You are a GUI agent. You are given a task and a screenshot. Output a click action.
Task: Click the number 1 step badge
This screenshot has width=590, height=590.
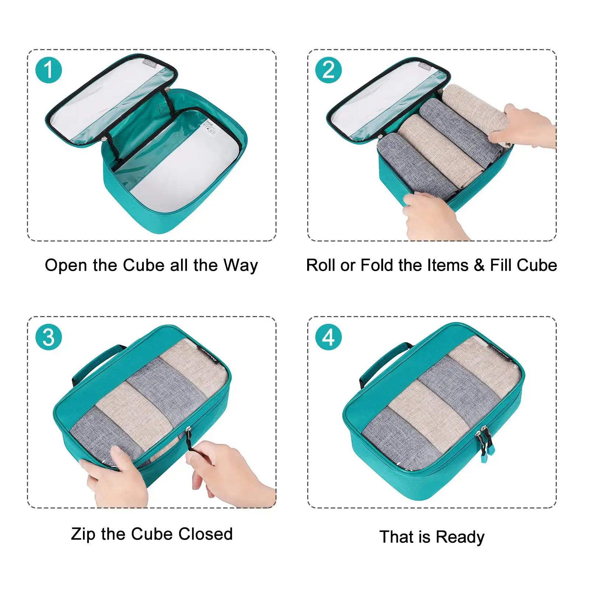pos(48,70)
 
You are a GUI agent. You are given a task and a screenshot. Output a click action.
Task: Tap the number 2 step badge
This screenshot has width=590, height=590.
pos(328,70)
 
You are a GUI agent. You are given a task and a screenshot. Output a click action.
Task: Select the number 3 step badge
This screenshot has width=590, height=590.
pos(48,337)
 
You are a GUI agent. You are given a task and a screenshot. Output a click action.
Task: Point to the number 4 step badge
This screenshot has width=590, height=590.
pos(328,337)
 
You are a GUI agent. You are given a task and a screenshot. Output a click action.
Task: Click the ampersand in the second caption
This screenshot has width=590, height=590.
pos(479,265)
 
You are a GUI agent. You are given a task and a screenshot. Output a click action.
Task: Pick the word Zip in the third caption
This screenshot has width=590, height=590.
pos(83,534)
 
